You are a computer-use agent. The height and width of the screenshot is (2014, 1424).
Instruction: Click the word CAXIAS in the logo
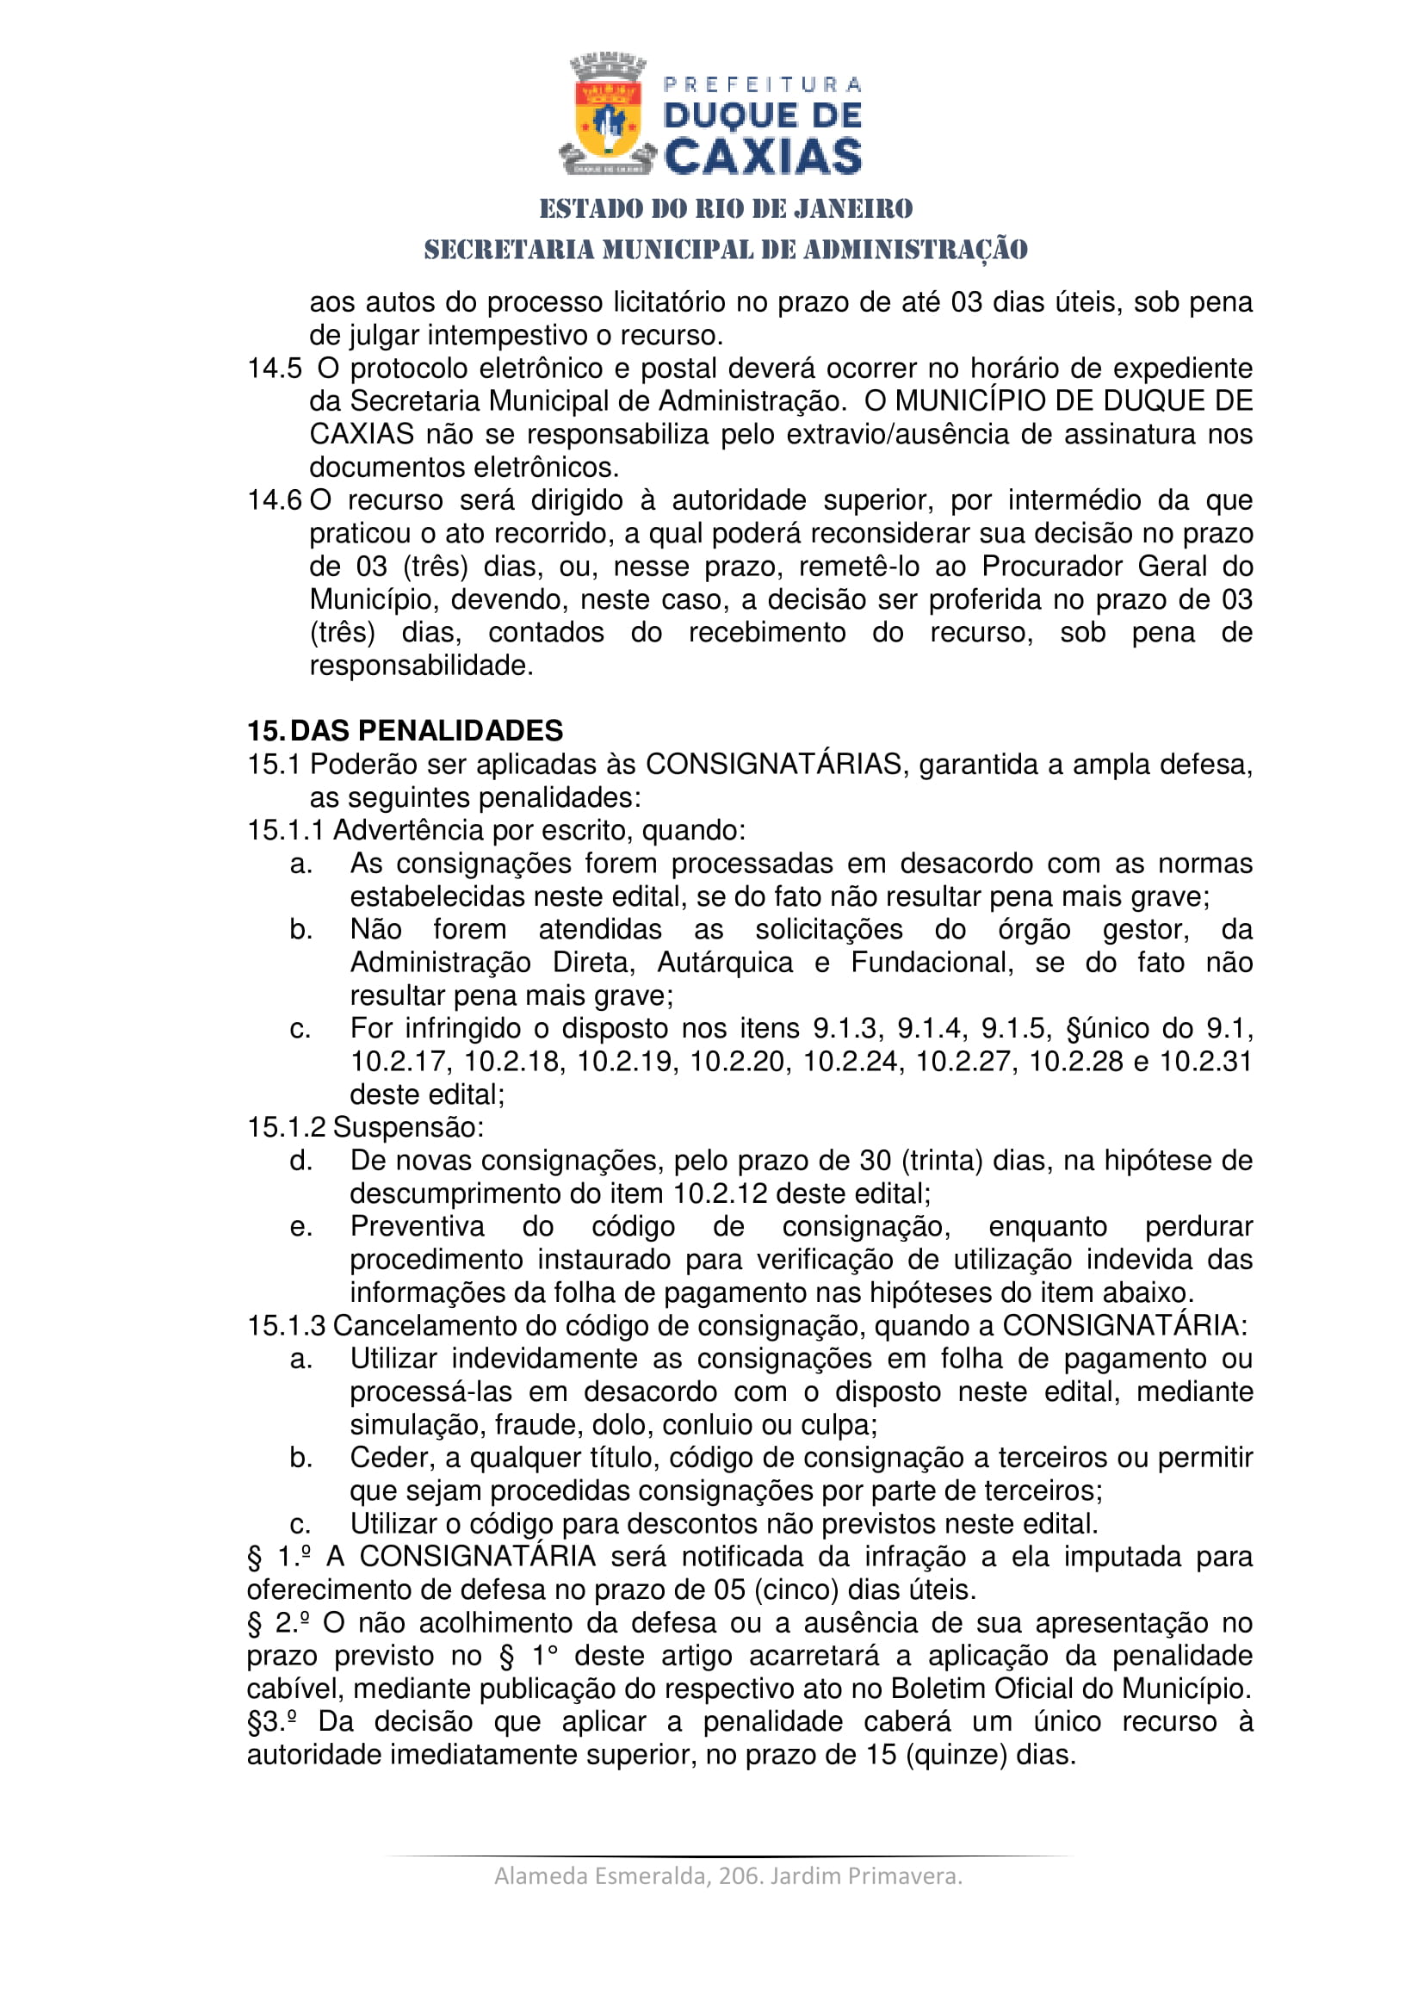[x=763, y=157]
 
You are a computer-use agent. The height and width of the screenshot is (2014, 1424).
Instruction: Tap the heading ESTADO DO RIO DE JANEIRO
[x=726, y=208]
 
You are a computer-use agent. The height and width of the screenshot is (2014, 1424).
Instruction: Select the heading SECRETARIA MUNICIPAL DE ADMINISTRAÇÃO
[x=726, y=250]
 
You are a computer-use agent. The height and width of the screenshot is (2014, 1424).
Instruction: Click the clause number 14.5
[x=275, y=369]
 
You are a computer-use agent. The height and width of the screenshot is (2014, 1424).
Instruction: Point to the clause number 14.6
[x=275, y=501]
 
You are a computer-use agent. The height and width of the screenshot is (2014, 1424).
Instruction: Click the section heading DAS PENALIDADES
[x=426, y=731]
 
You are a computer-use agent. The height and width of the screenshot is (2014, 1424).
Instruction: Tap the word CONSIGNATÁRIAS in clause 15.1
[x=773, y=765]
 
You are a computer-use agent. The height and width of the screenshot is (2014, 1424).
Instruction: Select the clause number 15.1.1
[x=286, y=831]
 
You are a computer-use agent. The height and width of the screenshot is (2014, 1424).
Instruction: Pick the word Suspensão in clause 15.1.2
[x=408, y=1127]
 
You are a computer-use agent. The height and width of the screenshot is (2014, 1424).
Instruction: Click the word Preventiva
[x=417, y=1226]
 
